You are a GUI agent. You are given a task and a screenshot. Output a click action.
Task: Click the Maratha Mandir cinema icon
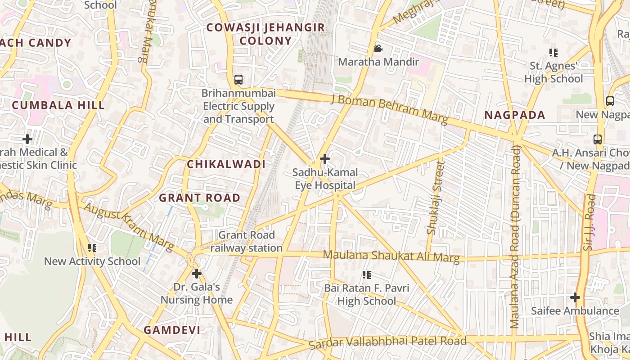(x=378, y=48)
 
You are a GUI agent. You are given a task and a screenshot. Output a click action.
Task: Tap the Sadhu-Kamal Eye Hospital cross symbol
(x=324, y=159)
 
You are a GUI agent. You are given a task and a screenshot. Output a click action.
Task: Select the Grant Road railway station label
(x=246, y=242)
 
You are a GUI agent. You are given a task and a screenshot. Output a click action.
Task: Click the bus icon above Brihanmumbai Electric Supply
(x=238, y=80)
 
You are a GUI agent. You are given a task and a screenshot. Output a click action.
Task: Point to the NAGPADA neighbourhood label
(x=515, y=115)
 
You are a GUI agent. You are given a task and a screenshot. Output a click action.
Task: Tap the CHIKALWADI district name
(x=226, y=164)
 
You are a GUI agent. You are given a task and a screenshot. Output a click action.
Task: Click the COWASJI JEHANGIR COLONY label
(x=265, y=34)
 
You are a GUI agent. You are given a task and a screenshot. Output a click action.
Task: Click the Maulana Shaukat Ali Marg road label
(x=391, y=256)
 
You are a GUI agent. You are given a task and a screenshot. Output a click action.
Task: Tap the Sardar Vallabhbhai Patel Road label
(x=388, y=342)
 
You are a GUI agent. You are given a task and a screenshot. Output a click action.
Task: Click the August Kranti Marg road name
(x=129, y=227)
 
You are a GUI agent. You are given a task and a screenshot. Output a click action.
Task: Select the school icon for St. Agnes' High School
(x=553, y=53)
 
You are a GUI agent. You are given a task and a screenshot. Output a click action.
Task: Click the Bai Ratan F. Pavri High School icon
(x=367, y=274)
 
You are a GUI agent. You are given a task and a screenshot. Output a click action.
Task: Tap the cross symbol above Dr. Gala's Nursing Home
(x=197, y=273)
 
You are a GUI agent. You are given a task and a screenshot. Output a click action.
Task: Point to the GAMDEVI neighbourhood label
(x=172, y=330)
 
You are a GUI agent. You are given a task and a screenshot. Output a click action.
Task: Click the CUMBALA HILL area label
(x=58, y=105)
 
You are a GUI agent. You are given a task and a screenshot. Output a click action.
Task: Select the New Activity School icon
(x=92, y=248)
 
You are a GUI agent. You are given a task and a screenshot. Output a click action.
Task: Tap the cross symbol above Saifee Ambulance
(x=575, y=297)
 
